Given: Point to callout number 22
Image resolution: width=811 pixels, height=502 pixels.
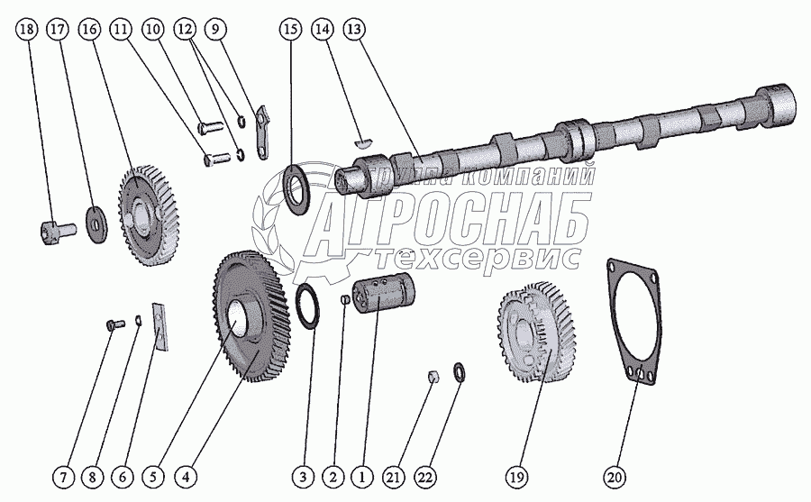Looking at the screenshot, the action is pos(426,474).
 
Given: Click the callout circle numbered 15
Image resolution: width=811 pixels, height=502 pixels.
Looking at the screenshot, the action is pos(289,31).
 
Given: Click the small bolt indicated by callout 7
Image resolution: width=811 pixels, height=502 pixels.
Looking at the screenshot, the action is pos(111,324).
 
